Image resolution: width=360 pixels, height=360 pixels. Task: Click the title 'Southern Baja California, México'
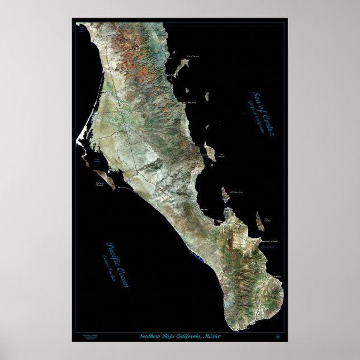[187, 335]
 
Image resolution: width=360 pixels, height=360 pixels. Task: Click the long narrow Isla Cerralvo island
[259, 220]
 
